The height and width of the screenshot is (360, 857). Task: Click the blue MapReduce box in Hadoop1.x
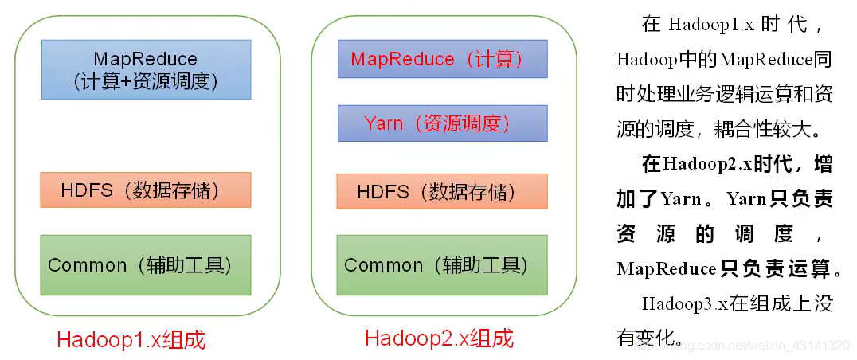pos(146,69)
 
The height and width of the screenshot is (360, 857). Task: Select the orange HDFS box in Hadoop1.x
pos(146,190)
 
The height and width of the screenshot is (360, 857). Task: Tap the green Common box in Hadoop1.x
pos(146,264)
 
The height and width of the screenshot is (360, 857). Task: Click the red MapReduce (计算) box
pos(442,60)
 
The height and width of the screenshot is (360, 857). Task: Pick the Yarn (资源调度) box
pos(442,123)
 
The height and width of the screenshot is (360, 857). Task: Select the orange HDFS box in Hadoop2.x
pos(442,191)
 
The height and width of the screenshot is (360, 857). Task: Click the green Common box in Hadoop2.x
pos(442,264)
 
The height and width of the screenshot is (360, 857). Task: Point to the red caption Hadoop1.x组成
pos(131,340)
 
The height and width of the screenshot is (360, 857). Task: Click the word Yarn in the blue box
pos(383,123)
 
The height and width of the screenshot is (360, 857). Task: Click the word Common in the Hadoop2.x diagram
pos(383,264)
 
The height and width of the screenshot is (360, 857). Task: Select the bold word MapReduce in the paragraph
pos(667,269)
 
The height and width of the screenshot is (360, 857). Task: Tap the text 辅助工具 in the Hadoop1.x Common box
pos(188,264)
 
